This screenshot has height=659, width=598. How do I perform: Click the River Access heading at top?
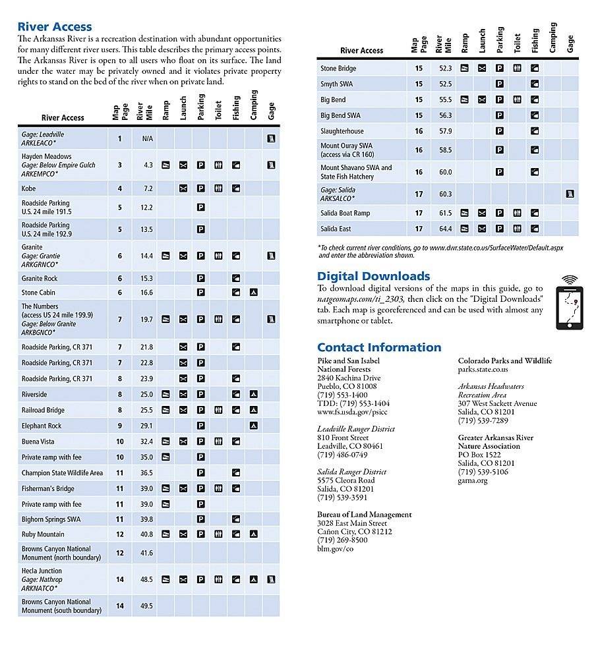click(x=55, y=27)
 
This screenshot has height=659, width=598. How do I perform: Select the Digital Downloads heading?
click(x=373, y=276)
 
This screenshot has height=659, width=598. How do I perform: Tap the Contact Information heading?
click(x=379, y=347)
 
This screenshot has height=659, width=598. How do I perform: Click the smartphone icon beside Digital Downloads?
click(x=569, y=302)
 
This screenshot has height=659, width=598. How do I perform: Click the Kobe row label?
click(x=29, y=188)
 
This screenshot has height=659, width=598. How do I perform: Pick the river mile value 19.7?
click(x=146, y=320)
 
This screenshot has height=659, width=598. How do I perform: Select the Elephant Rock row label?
click(x=42, y=426)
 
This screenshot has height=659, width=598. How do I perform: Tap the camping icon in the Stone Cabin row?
click(x=253, y=292)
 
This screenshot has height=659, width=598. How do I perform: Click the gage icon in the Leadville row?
click(x=270, y=139)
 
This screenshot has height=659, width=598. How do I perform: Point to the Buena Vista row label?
click(x=38, y=442)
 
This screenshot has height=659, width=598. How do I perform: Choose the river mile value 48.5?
click(x=146, y=580)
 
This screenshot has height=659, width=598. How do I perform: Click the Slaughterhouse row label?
click(x=342, y=131)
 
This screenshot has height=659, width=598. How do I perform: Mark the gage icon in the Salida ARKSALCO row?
click(x=570, y=194)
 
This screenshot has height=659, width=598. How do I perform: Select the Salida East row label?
click(x=336, y=229)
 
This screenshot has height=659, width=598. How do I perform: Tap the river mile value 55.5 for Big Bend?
click(x=445, y=100)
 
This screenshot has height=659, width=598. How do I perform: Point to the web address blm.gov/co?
click(x=336, y=549)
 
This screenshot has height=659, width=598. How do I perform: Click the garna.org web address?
click(x=473, y=480)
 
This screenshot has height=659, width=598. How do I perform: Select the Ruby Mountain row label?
click(x=43, y=534)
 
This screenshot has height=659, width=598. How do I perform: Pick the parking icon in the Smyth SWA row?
click(x=500, y=84)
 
